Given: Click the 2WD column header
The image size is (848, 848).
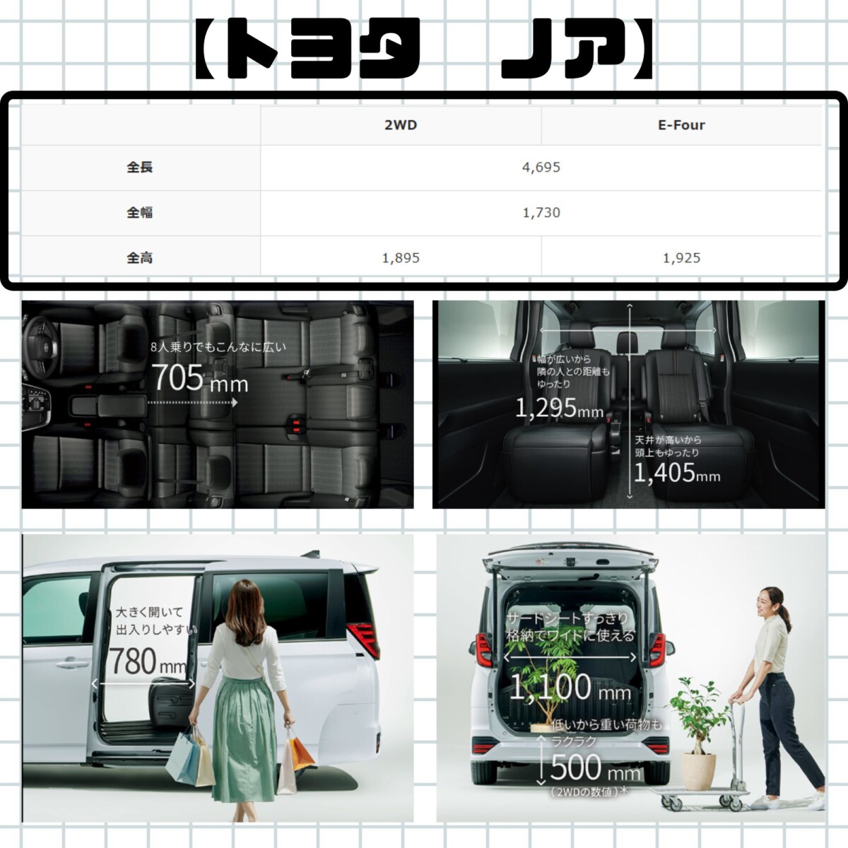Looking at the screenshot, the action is pos(401,125).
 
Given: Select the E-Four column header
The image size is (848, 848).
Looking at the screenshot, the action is pos(681,125).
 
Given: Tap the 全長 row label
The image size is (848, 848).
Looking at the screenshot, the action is pos(139,167).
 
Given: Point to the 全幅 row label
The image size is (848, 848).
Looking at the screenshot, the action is pos(139,213).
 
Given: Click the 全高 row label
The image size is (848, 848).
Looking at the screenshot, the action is pos(139,257).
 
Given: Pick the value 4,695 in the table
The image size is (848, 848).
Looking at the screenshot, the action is pos(541,167).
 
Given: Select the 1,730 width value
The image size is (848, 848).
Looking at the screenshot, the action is pos(541,213).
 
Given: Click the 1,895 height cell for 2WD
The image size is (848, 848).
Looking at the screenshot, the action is pos(401,257).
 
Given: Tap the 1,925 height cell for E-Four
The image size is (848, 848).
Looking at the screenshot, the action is pos(681,257).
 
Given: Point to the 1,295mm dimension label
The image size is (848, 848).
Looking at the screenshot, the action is pos(559,408).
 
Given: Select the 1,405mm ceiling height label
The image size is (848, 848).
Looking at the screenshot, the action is pos(677,473).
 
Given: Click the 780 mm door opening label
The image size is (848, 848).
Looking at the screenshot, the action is pos(147,661).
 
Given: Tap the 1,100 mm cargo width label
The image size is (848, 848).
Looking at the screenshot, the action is pos(570,688).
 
